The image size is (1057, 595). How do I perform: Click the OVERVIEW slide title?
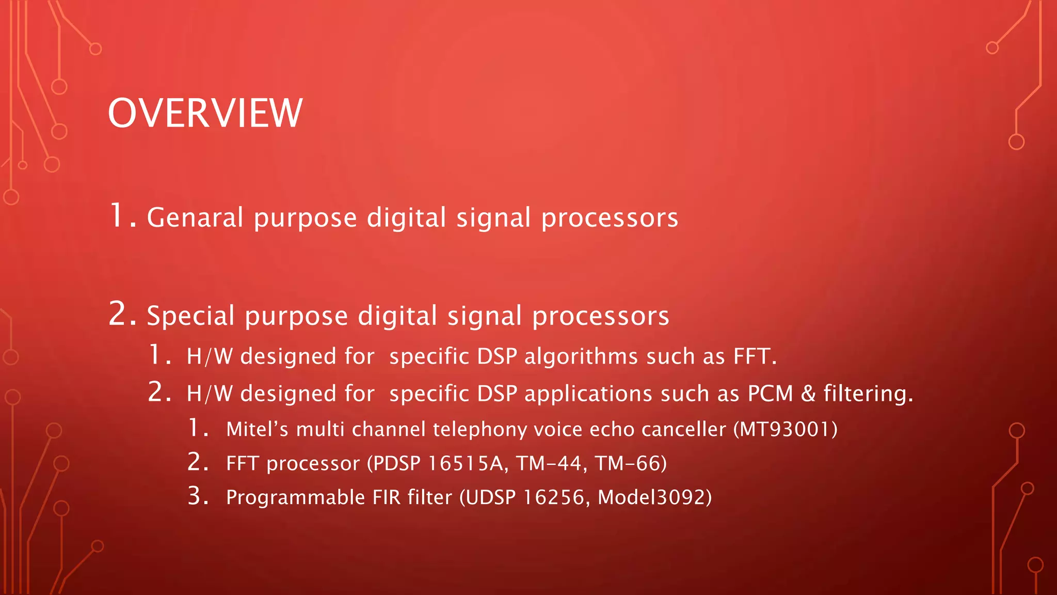pyautogui.click(x=205, y=113)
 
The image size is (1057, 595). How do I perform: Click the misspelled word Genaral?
pyautogui.click(x=195, y=217)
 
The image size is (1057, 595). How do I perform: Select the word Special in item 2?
pyautogui.click(x=190, y=316)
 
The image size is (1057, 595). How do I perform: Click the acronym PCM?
pyautogui.click(x=770, y=394)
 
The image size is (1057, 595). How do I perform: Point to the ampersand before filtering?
pyautogui.click(x=808, y=394)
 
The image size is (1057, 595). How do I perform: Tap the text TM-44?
pyautogui.click(x=549, y=463)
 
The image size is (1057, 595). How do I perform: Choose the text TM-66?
pyautogui.click(x=628, y=463)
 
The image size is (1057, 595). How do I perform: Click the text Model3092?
pyautogui.click(x=651, y=497)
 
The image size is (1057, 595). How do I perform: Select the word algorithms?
pyautogui.click(x=581, y=356)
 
